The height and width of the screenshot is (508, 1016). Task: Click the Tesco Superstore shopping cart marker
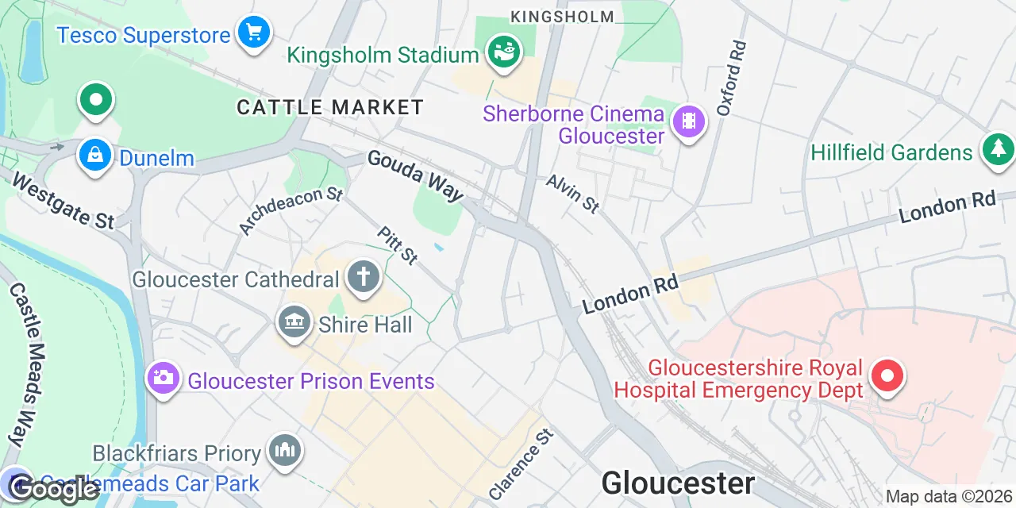254,33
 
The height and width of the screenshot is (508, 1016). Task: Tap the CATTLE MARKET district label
330,107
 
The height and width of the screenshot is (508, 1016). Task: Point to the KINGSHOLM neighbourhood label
562,17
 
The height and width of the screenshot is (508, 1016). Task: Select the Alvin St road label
572,194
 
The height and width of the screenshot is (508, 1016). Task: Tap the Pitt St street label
398,244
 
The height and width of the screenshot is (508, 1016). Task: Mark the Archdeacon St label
291,210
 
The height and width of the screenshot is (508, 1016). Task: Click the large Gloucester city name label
678,483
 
